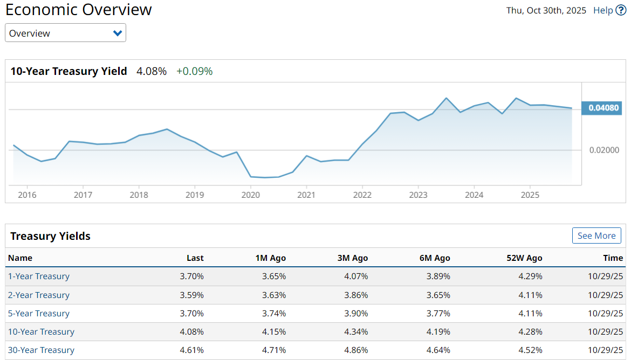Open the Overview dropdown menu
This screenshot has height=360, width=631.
[65, 33]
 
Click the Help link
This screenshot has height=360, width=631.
[603, 10]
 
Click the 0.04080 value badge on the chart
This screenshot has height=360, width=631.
[601, 108]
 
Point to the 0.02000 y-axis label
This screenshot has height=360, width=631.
[604, 150]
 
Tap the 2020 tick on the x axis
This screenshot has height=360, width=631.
[251, 195]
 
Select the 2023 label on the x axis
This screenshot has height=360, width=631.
[418, 195]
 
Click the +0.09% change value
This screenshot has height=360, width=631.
[194, 71]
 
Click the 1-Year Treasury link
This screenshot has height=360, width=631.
[38, 276]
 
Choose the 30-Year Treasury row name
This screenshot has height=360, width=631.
[41, 350]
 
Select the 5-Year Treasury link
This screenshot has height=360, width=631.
[38, 314]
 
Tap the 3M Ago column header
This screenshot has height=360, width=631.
[353, 258]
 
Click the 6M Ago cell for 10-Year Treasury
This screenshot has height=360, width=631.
[438, 332]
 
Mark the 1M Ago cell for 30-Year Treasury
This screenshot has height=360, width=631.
[274, 350]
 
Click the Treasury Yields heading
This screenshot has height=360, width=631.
[50, 236]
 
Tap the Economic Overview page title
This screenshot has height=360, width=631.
[79, 10]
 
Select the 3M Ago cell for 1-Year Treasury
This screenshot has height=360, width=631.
[356, 276]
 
